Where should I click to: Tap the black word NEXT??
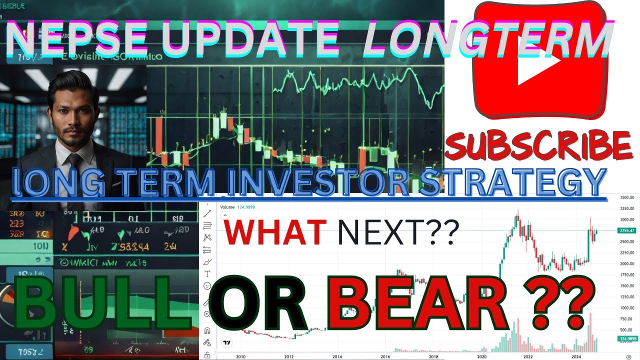click(x=398, y=233)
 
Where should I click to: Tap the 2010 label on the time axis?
click(x=240, y=356)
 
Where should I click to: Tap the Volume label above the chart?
click(x=227, y=206)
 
